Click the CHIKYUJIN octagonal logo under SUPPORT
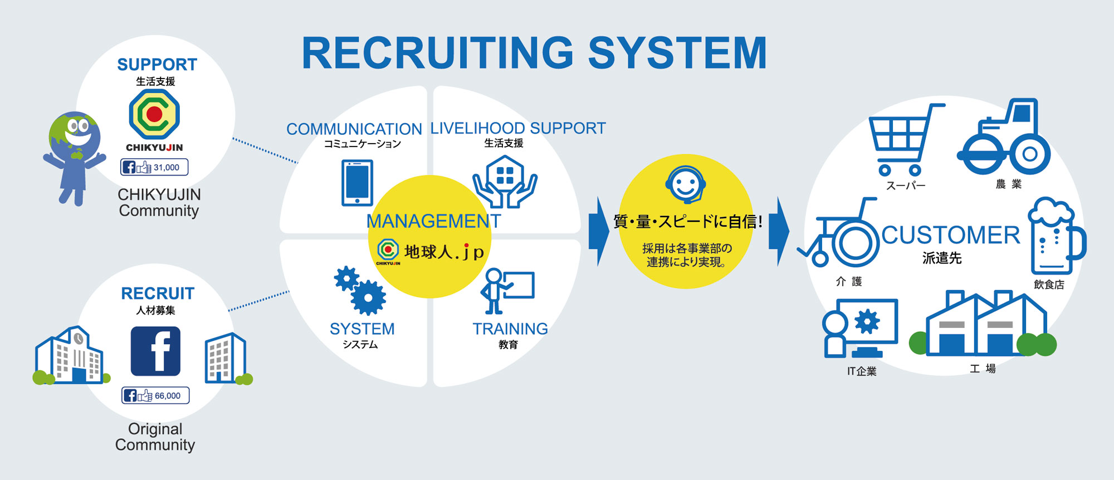click(154, 114)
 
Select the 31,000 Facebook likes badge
click(154, 167)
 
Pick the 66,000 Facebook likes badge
click(155, 395)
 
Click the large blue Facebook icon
click(155, 351)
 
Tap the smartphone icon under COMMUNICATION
click(357, 183)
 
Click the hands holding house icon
click(505, 181)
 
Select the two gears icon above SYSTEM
click(360, 290)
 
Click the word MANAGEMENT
click(433, 222)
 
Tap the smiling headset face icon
click(685, 184)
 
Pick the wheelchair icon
click(841, 237)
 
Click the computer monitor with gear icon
click(861, 329)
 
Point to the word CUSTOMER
click(951, 236)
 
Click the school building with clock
click(70, 356)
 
